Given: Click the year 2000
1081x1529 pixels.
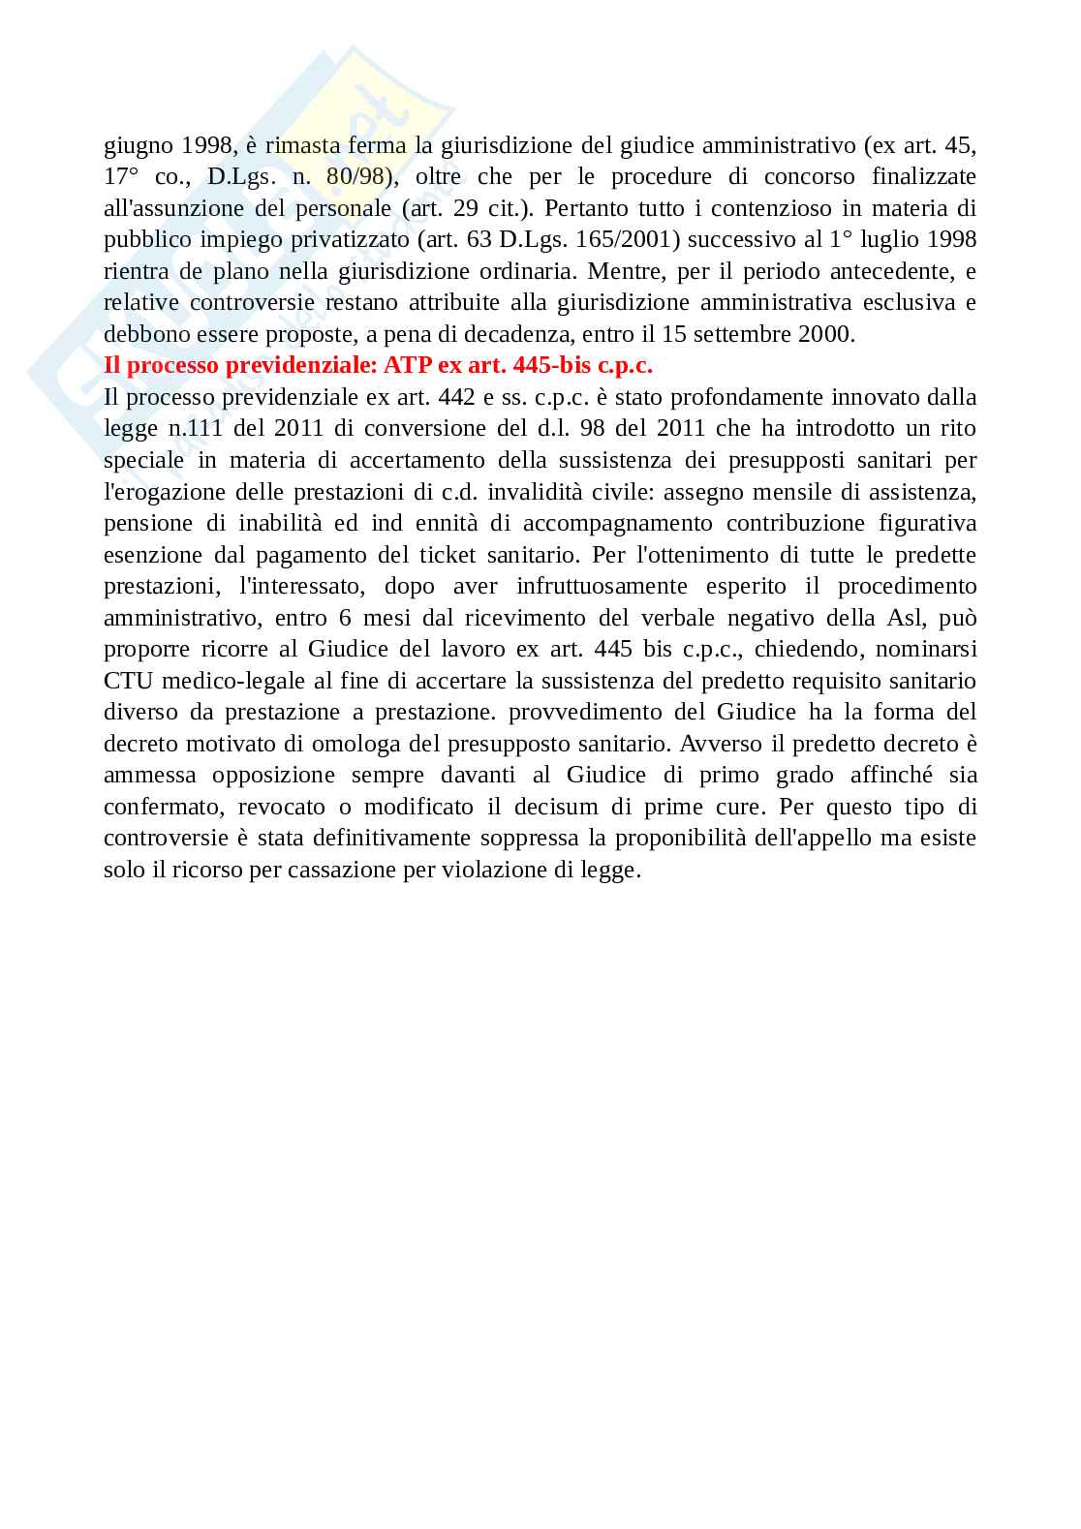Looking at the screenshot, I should (826, 335).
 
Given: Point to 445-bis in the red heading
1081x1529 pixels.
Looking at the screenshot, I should (544, 366).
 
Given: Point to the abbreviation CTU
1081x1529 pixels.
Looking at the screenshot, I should (127, 681).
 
